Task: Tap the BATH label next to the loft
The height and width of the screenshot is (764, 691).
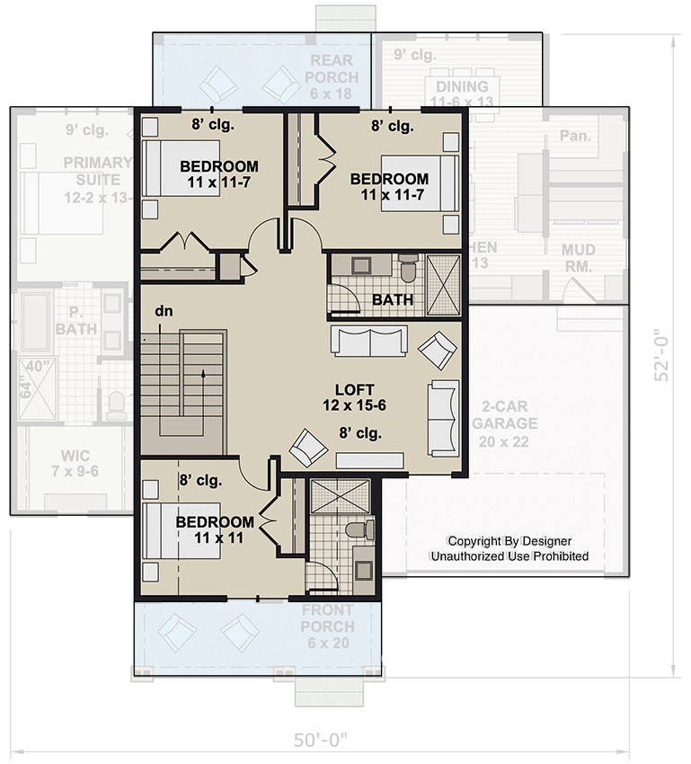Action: coord(393,298)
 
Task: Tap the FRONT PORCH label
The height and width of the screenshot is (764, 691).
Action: coord(327,617)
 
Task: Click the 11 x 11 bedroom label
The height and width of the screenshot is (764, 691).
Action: coord(213,529)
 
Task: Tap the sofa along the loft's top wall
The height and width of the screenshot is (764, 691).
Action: coord(368,340)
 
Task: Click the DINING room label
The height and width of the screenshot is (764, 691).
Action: coord(462,94)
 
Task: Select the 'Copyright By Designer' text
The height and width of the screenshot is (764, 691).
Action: coord(509,541)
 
